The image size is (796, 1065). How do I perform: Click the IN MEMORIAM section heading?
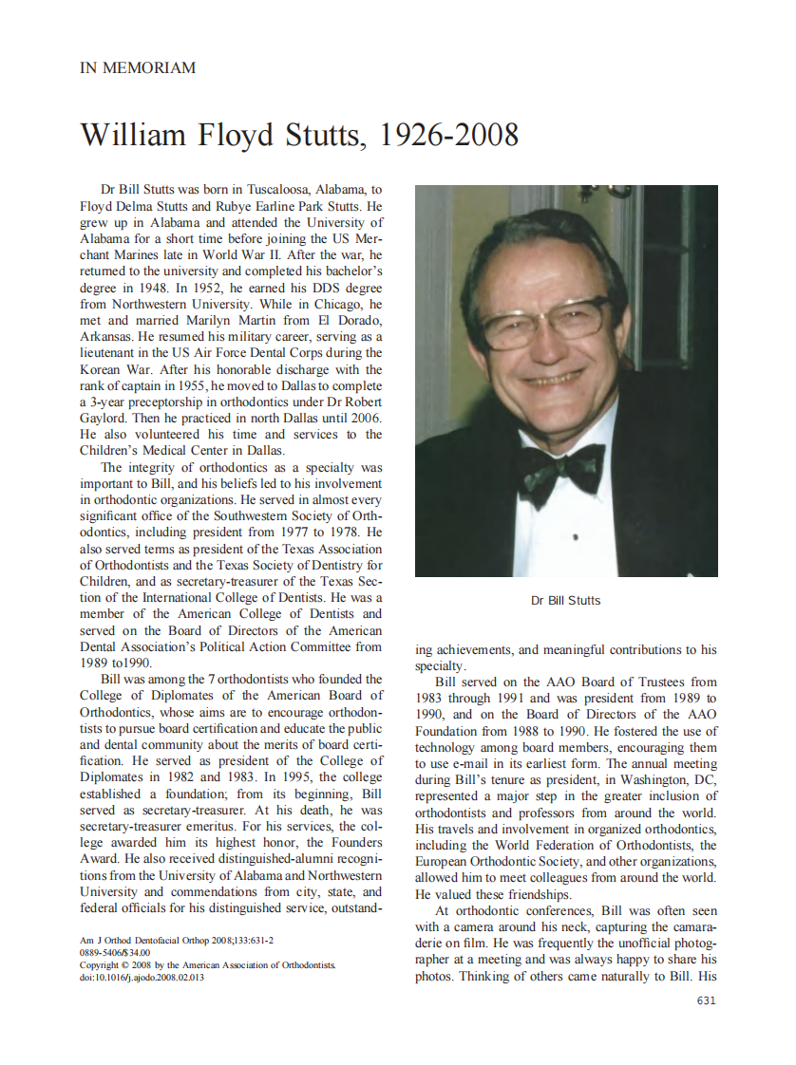click(x=138, y=68)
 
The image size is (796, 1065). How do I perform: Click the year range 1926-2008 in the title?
click(x=448, y=135)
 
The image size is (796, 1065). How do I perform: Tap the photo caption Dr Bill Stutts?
click(x=565, y=601)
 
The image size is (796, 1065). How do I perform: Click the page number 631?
click(x=706, y=1000)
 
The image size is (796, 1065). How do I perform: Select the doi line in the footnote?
click(x=142, y=977)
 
